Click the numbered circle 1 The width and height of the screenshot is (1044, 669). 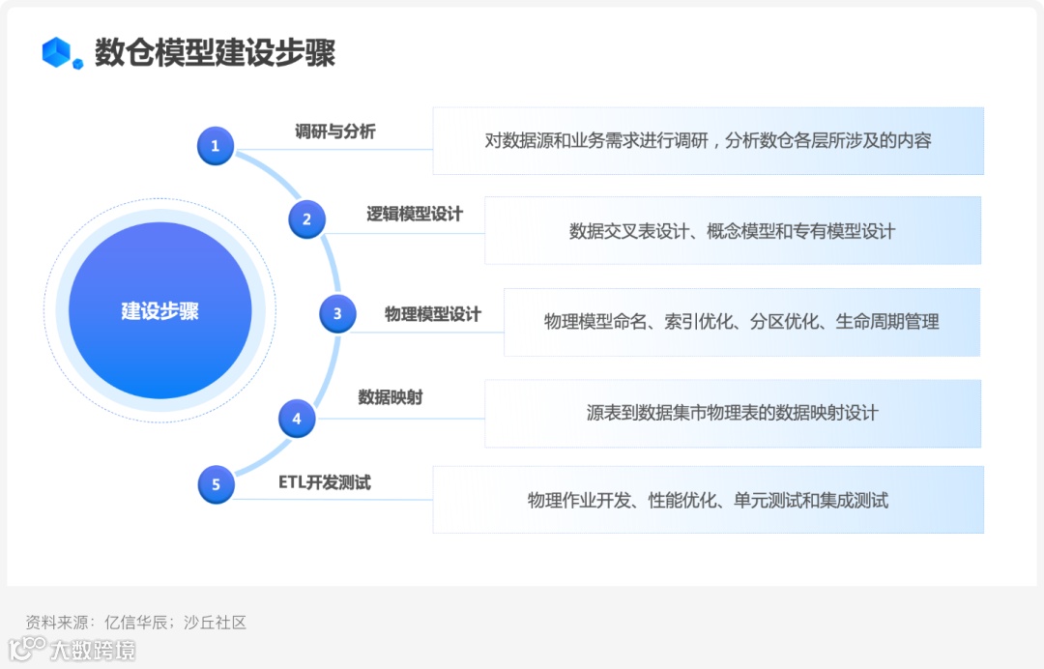click(215, 146)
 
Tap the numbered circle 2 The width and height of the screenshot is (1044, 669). click(306, 219)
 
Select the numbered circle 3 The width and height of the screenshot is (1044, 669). click(337, 313)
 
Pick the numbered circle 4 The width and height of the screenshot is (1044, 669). click(297, 419)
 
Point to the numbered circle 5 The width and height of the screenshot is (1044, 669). click(216, 484)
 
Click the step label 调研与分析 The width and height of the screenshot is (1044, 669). click(334, 131)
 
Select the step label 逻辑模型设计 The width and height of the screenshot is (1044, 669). click(414, 214)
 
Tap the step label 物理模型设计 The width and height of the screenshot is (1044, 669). click(432, 314)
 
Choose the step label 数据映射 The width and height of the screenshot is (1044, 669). click(390, 396)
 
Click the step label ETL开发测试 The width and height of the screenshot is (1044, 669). click(324, 481)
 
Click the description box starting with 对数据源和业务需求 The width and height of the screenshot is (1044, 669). click(708, 141)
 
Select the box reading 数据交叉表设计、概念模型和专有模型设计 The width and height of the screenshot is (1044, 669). click(732, 231)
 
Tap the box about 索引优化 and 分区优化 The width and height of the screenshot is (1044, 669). click(741, 322)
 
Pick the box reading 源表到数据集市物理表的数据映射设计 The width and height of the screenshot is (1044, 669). click(732, 413)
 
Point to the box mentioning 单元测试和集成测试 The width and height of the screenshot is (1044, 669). click(708, 500)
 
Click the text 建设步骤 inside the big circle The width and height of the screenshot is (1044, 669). click(159, 311)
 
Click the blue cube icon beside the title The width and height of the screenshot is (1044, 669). click(62, 52)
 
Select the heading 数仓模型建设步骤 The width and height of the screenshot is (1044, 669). click(215, 52)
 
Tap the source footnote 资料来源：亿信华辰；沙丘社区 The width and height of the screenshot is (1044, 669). click(135, 623)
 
